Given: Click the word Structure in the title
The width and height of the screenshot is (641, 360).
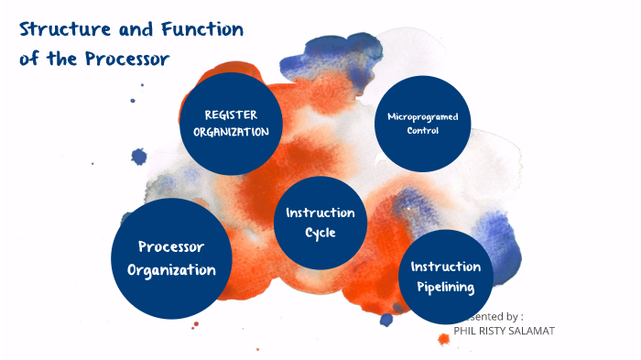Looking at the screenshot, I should (x=63, y=29).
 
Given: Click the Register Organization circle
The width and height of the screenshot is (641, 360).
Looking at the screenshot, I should (x=231, y=124).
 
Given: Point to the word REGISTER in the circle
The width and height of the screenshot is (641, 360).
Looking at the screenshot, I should (x=231, y=115).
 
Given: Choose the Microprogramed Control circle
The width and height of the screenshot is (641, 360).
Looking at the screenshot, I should (x=422, y=124).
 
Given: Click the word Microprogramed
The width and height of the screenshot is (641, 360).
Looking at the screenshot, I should (x=422, y=117).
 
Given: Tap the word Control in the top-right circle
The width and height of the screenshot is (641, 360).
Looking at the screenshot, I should (x=422, y=131).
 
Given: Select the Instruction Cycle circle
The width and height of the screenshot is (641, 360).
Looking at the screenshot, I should (x=320, y=223).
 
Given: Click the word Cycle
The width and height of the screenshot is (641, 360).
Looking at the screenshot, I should (x=320, y=233).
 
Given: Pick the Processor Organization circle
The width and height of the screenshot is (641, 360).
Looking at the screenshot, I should (x=170, y=258).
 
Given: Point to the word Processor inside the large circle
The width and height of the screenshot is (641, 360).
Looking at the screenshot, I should (x=170, y=246).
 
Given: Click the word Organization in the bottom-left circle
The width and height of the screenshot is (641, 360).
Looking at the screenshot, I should (x=171, y=270).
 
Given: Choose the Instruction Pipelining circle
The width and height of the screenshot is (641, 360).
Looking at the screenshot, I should (x=446, y=277).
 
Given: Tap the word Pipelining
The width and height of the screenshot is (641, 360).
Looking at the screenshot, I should (x=446, y=288).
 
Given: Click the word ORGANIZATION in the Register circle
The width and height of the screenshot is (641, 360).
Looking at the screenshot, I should (x=231, y=132).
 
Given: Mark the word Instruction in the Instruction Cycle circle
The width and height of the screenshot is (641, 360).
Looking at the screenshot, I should (x=320, y=213).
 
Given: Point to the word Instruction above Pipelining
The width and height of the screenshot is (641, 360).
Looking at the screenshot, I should (x=446, y=267).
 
